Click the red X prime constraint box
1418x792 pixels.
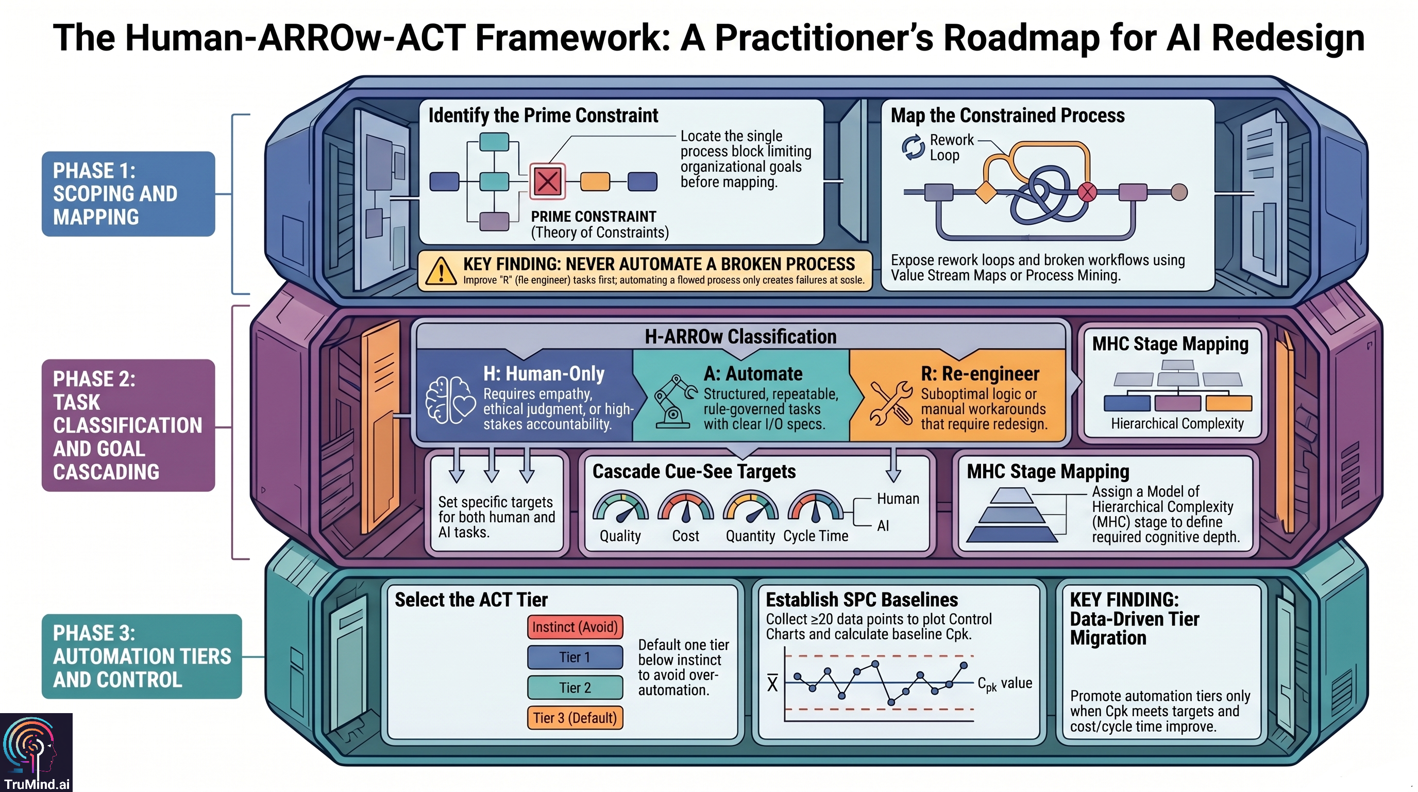[547, 180]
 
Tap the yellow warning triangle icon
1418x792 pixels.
[441, 272]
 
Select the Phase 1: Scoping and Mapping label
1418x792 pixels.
[128, 194]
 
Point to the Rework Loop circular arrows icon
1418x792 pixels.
[913, 147]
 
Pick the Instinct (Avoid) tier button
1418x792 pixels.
[575, 627]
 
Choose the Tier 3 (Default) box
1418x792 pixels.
[575, 718]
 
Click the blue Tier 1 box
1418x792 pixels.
[575, 657]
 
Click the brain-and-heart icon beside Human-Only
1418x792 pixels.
[450, 401]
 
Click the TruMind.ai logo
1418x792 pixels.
[36, 752]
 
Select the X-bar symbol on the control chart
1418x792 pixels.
[772, 684]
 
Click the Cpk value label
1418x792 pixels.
[1005, 684]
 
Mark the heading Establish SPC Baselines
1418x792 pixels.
[862, 600]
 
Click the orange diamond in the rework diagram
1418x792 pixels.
[985, 193]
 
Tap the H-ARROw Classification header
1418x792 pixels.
[740, 337]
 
